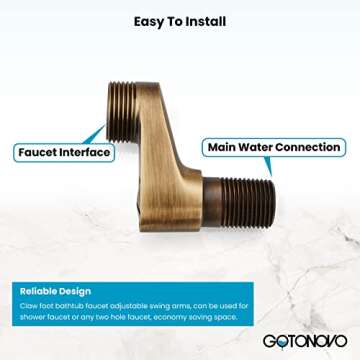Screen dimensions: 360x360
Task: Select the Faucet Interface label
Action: tap(63, 153)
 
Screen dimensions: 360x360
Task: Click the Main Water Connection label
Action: tap(273, 147)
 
